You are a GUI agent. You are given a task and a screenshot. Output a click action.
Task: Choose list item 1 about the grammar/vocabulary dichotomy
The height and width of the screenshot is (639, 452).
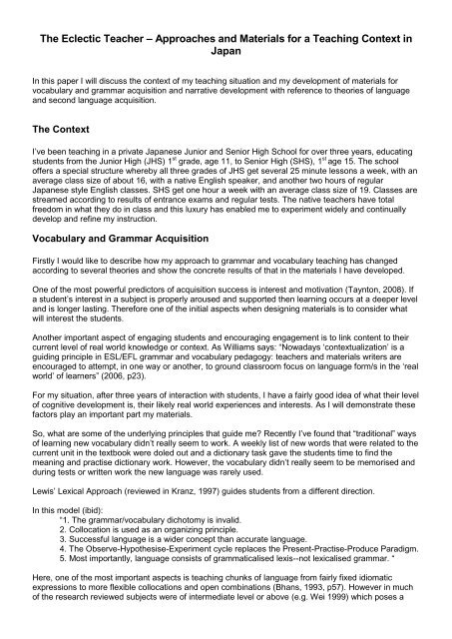[143, 533]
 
